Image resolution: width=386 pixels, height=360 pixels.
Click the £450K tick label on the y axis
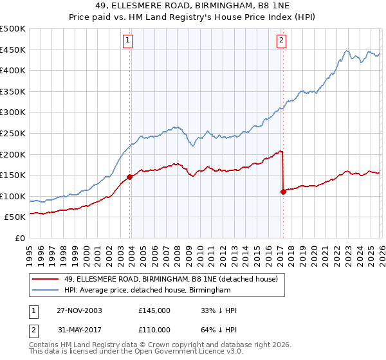point(13,50)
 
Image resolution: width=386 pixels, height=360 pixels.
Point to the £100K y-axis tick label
point(13,196)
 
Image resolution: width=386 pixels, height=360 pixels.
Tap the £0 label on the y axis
point(19,238)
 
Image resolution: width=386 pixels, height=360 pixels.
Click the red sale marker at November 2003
point(130,177)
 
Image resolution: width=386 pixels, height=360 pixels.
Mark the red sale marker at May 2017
point(283,192)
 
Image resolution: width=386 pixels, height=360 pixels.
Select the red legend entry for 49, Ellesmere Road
point(170,279)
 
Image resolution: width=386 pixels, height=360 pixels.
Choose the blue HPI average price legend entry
point(147,291)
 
